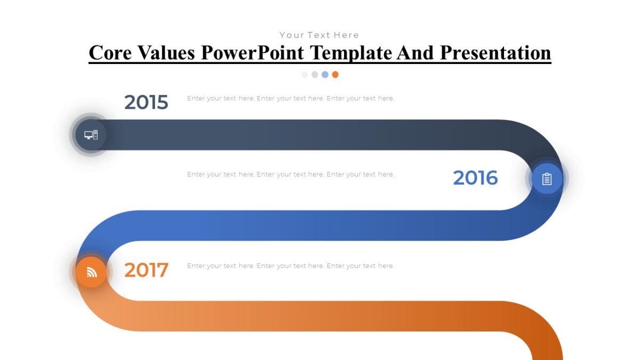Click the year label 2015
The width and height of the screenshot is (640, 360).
tap(146, 102)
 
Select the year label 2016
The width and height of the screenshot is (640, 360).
tap(475, 178)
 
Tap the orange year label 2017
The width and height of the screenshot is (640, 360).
tap(146, 270)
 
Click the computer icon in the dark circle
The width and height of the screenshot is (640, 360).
tap(91, 135)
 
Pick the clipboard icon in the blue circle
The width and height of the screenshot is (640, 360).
tap(547, 179)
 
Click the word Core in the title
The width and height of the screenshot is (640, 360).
tap(110, 53)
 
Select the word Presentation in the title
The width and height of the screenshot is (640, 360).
tap(495, 53)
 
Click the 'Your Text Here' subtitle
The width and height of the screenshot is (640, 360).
tap(319, 35)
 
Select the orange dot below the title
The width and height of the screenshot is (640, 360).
tap(335, 75)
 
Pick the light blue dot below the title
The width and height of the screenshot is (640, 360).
tap(325, 75)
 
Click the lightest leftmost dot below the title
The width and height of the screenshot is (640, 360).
tap(305, 75)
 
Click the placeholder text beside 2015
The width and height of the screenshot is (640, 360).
tap(291, 99)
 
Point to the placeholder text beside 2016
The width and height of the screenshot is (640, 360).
tap(291, 174)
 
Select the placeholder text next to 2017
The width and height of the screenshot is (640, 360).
tap(291, 266)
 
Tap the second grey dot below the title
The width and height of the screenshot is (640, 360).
tap(315, 75)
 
